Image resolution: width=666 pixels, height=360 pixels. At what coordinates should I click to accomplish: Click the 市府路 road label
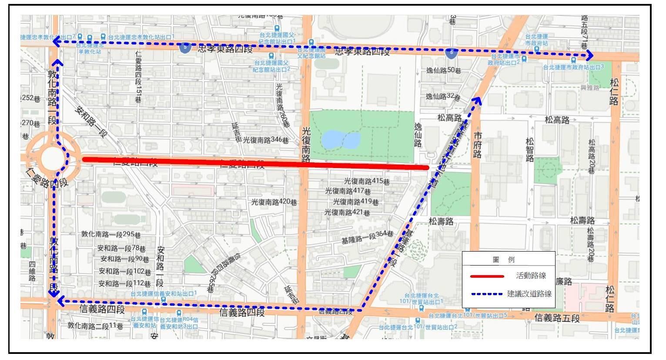click(478, 145)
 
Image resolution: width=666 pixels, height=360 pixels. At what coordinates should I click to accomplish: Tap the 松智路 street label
click(529, 150)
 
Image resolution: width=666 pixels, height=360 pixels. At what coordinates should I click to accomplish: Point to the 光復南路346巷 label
click(266, 140)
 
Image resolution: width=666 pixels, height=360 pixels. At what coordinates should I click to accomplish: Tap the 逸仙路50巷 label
click(443, 71)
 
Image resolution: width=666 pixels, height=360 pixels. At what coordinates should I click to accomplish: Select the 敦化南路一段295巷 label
click(111, 234)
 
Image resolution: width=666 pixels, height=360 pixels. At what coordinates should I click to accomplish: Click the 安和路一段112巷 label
click(124, 284)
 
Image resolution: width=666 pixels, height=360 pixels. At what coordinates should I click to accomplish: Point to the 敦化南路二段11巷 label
click(95, 325)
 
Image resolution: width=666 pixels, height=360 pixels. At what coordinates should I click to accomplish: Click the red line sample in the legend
click(487, 276)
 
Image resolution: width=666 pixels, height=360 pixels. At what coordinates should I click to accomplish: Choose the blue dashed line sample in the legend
click(487, 294)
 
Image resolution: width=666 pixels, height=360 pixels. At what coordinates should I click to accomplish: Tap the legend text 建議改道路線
click(529, 294)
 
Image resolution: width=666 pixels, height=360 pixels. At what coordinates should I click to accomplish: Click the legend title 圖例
click(504, 259)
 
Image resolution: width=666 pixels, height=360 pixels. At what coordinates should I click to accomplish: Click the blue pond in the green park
click(341, 140)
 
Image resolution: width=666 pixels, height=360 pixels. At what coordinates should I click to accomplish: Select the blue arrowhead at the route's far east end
click(590, 55)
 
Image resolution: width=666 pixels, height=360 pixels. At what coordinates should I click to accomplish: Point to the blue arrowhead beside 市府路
click(478, 101)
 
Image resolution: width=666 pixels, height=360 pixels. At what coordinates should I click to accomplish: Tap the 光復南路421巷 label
click(347, 212)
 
